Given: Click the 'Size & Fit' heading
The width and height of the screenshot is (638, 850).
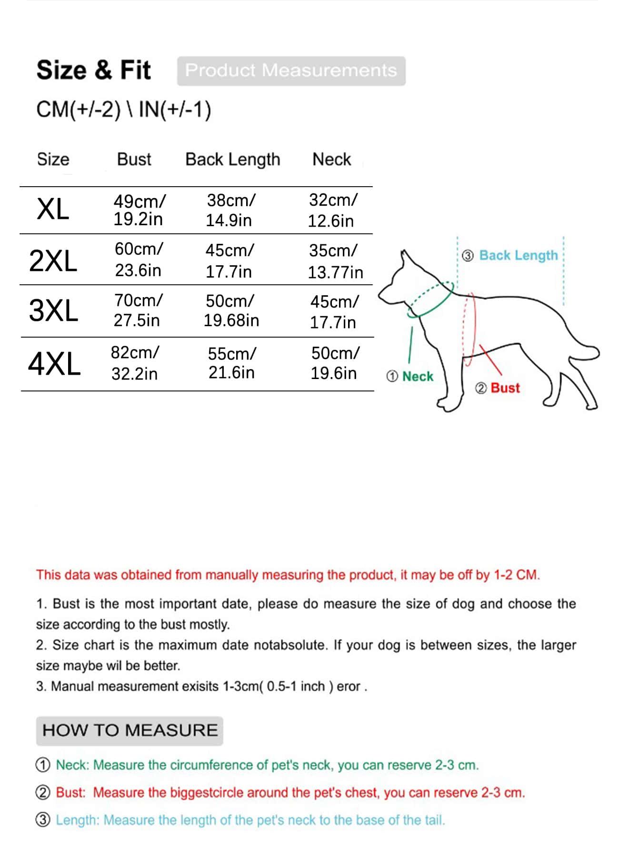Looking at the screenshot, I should coord(93,70).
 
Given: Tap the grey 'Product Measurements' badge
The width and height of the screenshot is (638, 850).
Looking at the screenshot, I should coord(291,71).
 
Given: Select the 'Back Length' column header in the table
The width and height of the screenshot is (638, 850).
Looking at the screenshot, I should coord(232,160).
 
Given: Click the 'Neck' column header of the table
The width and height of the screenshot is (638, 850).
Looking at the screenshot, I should coord(331,159).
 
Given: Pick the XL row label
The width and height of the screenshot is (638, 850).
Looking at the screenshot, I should coord(53,210).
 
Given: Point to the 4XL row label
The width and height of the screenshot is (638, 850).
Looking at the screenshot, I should coord(54,364).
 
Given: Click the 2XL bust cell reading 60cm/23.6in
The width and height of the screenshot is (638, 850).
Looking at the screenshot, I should coord(138,260).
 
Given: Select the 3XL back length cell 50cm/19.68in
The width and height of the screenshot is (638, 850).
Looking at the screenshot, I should coord(231,310).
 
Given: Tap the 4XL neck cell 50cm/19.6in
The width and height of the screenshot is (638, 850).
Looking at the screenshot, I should coord(334,363).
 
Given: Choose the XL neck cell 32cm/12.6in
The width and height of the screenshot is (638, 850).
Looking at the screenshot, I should coord(332,210).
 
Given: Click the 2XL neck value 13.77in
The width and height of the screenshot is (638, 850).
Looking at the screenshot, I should coord(335,272).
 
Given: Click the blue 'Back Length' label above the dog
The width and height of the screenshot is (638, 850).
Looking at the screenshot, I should coord(518,255).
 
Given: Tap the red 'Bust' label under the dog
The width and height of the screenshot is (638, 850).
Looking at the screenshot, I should coord(505,388).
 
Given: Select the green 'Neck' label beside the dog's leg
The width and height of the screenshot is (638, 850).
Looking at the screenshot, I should coord(418,377).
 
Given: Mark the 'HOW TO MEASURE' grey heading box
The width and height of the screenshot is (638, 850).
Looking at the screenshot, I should coord(130,730).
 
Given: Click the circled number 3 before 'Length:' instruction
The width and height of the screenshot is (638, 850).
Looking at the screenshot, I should coord(43,820).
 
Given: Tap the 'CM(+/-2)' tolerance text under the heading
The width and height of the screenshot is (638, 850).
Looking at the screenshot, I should coord(79,110).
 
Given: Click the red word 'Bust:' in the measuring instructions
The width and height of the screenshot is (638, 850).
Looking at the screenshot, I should coord(70,792).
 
